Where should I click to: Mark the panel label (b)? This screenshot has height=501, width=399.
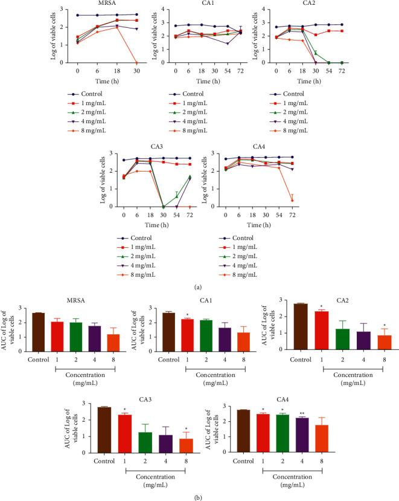tap(199, 494)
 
